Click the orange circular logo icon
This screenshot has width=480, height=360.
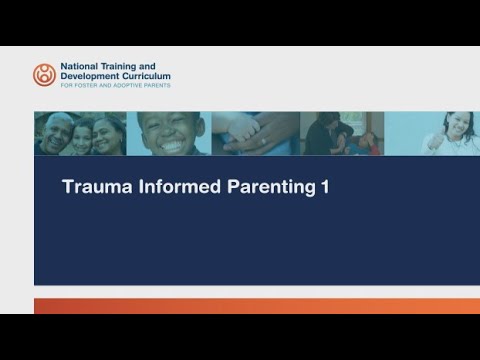[x=45, y=74]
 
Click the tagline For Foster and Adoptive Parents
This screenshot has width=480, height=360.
[x=115, y=85]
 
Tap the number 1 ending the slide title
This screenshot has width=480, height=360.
[x=324, y=186]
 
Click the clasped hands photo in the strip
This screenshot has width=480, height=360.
[x=255, y=133]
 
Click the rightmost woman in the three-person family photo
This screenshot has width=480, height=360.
[x=108, y=137]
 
